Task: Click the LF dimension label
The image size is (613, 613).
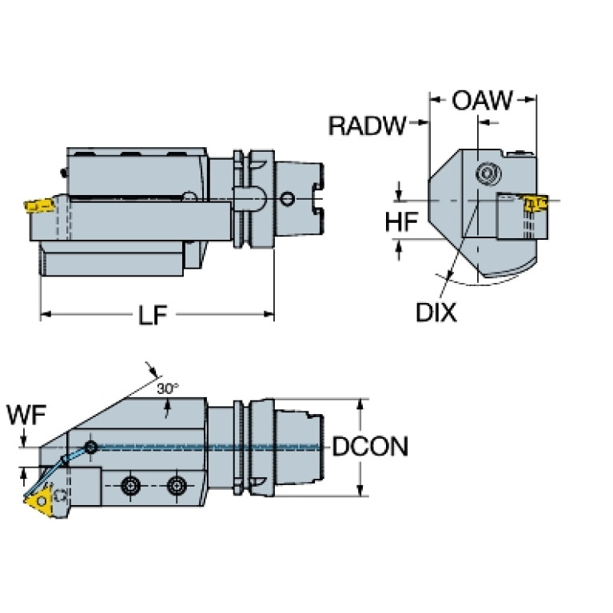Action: pos(153,315)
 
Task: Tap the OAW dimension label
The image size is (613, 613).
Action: pos(482,100)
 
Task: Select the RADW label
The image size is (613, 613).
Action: pos(367,125)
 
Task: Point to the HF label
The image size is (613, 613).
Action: pos(401,221)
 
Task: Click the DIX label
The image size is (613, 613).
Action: pos(436,312)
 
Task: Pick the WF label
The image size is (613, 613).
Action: pos(26,415)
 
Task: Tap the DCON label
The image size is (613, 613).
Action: pos(370,446)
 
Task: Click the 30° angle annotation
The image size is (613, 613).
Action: pos(168,388)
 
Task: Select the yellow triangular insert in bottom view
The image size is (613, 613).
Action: pos(39,500)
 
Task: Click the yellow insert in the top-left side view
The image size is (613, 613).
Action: pos(38,205)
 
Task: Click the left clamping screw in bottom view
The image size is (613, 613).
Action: pos(130,486)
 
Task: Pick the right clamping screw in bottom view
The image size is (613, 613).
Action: pos(177,486)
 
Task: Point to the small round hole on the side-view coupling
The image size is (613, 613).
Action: pos(288,199)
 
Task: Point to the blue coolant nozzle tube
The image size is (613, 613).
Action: pos(54,472)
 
